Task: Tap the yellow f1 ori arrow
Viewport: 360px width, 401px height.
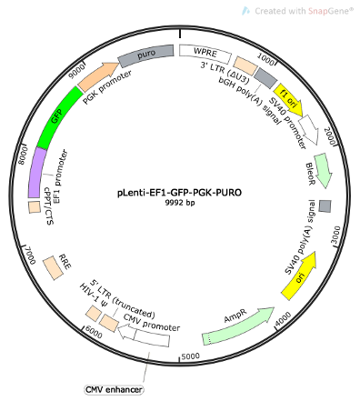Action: pyautogui.click(x=290, y=95)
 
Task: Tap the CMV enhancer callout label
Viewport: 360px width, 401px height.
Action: pyautogui.click(x=114, y=389)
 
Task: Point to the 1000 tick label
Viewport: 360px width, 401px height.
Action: pyautogui.click(x=266, y=57)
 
